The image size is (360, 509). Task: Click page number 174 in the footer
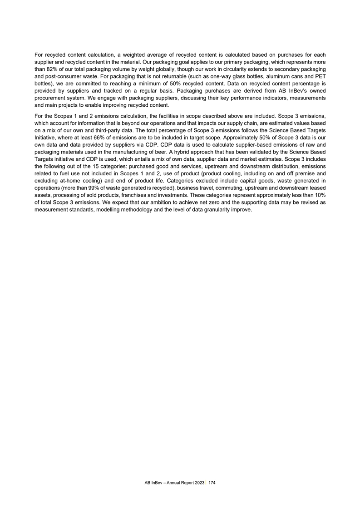coord(212,483)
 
